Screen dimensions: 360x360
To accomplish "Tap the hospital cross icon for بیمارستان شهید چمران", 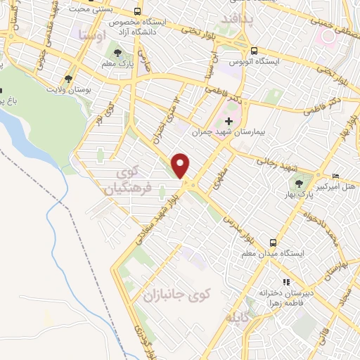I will pyautogui.click(x=229, y=122).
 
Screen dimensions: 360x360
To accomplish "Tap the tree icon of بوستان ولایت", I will pyautogui.click(x=68, y=79).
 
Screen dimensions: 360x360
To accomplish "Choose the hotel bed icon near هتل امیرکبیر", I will pyautogui.click(x=335, y=175).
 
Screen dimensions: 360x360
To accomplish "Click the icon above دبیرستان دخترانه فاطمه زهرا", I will pyautogui.click(x=285, y=282).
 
